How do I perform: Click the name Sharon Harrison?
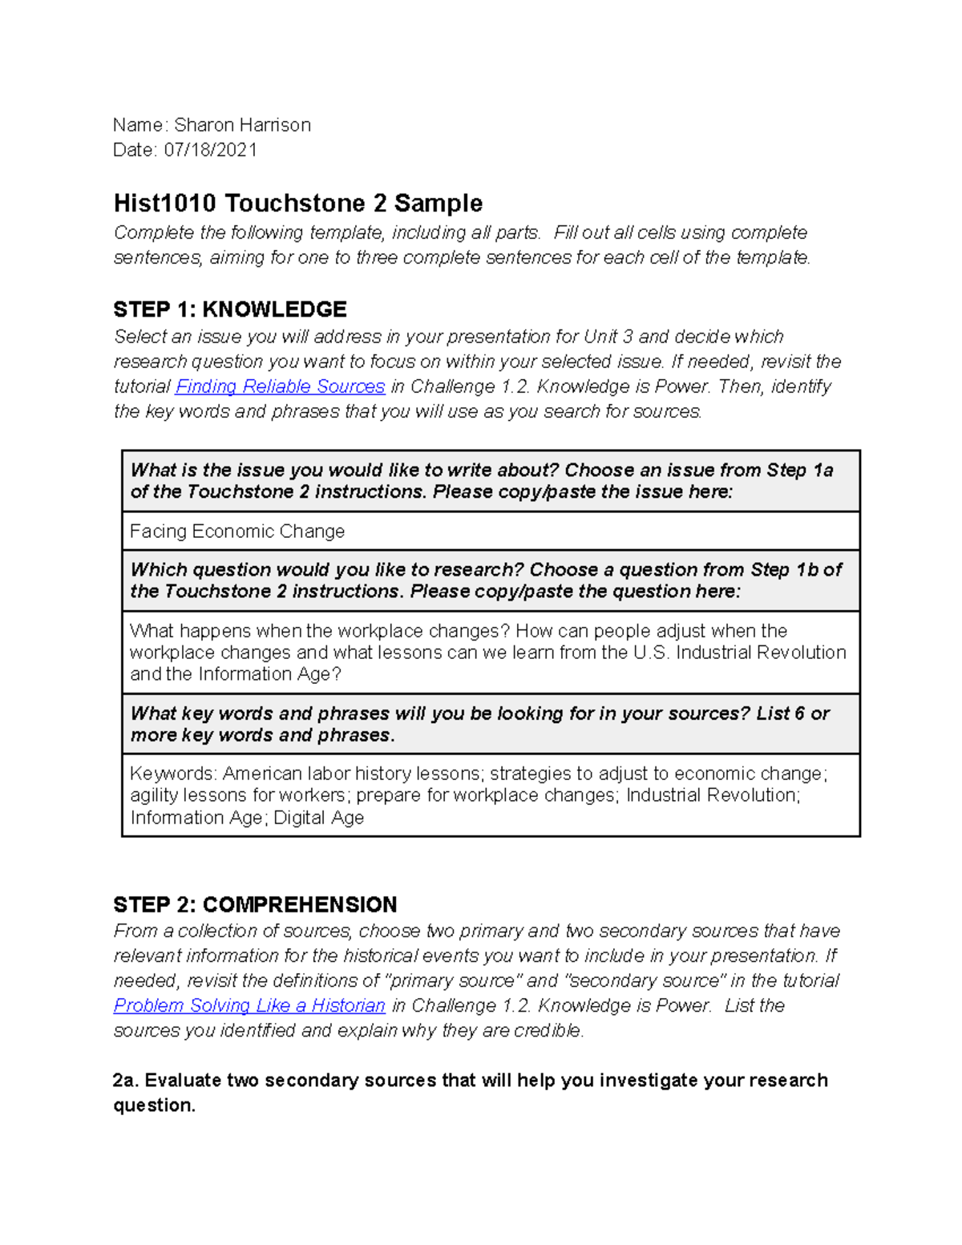coord(242,125)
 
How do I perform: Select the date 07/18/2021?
coord(211,150)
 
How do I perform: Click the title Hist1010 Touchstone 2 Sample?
coord(297,204)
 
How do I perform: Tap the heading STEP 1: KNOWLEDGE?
coord(230,309)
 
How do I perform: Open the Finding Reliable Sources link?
coord(280,386)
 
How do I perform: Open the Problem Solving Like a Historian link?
coord(249,1005)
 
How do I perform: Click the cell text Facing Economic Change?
coord(237,532)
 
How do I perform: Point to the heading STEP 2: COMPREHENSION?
coord(255,905)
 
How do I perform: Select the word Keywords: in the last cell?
coord(173,774)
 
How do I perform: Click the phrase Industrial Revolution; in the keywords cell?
coord(713,795)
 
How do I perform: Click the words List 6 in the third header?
coord(780,713)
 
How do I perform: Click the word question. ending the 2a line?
coord(154,1106)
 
